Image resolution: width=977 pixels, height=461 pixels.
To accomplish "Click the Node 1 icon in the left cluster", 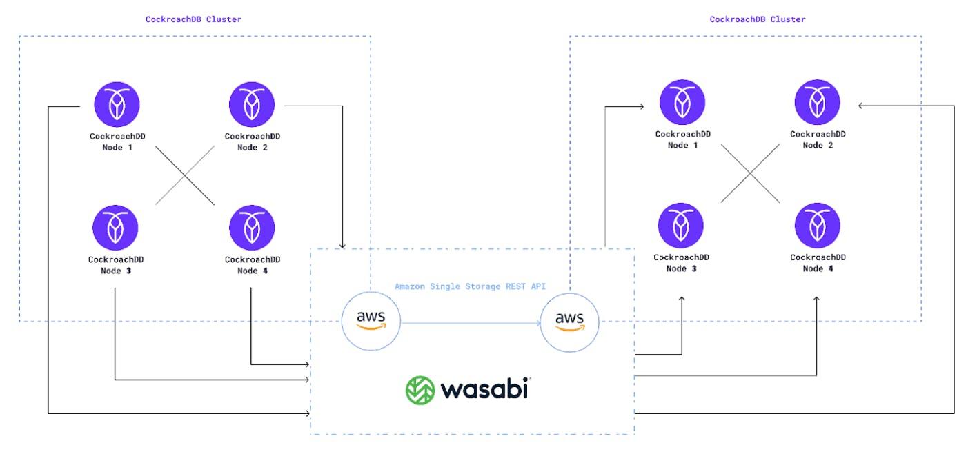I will click(x=117, y=104).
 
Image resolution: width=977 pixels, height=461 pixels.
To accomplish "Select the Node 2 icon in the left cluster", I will click(x=252, y=104).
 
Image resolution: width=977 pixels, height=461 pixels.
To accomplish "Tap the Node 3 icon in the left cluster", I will click(x=115, y=228).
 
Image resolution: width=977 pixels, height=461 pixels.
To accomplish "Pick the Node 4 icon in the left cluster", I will click(x=252, y=228).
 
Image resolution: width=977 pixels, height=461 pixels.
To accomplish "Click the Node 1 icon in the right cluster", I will click(x=682, y=103).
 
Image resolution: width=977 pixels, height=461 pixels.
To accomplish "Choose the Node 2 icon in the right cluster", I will click(x=818, y=103).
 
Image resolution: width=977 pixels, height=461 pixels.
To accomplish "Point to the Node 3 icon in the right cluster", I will click(x=681, y=226).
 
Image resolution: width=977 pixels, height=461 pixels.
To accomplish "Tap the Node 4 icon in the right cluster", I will click(x=818, y=226).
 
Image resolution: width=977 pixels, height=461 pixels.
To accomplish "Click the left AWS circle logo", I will click(x=371, y=320).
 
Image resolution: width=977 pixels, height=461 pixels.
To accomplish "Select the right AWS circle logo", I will click(x=570, y=320).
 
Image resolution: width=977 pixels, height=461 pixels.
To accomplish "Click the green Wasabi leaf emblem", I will click(x=420, y=389).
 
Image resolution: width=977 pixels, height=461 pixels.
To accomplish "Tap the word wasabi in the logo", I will click(x=485, y=388).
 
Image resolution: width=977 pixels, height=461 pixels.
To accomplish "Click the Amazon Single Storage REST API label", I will click(x=470, y=286).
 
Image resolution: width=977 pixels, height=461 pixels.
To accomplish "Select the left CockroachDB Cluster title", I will click(x=193, y=19).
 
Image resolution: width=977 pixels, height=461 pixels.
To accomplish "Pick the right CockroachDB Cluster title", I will click(x=758, y=19).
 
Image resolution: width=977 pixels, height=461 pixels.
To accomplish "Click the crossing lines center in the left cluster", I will click(x=184, y=175).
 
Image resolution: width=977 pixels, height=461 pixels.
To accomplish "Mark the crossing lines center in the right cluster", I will click(x=750, y=173).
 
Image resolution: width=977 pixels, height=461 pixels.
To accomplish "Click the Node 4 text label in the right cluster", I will click(x=818, y=268).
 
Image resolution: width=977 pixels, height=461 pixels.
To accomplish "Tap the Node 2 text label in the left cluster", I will click(x=252, y=146).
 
